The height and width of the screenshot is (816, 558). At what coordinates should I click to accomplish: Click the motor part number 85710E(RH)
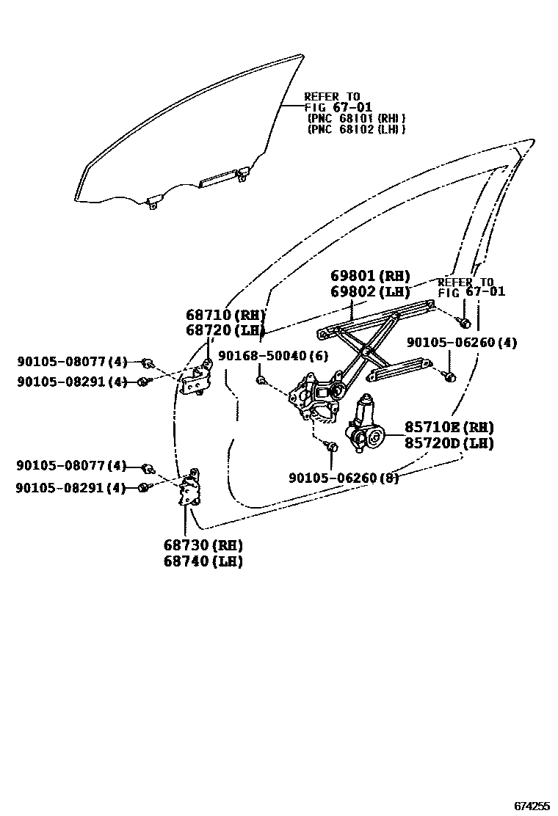click(x=449, y=427)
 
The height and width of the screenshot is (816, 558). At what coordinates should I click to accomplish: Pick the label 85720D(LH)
click(x=449, y=443)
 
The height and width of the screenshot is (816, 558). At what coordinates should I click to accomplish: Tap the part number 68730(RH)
click(x=203, y=545)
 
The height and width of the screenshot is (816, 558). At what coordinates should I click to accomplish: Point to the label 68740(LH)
click(x=203, y=561)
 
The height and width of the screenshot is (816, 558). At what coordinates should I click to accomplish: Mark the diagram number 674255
click(x=532, y=806)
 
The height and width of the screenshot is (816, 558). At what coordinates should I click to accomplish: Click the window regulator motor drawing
click(x=366, y=427)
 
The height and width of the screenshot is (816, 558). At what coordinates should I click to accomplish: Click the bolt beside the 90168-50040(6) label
click(x=260, y=379)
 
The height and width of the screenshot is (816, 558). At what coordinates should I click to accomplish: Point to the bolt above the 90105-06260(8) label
click(x=332, y=446)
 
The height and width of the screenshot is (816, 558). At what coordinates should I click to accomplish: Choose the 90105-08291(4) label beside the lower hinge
click(x=71, y=487)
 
